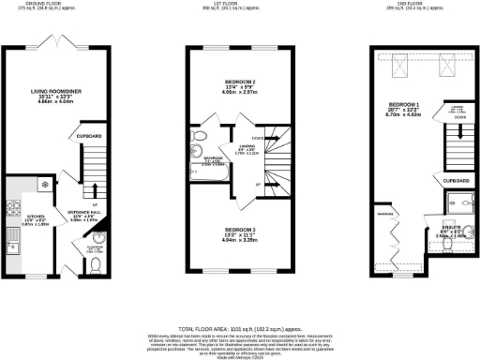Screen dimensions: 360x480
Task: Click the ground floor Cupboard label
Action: tap(90, 137)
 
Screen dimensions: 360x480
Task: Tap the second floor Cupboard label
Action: tap(457, 178)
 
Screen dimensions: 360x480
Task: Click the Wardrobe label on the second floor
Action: tap(383, 215)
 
